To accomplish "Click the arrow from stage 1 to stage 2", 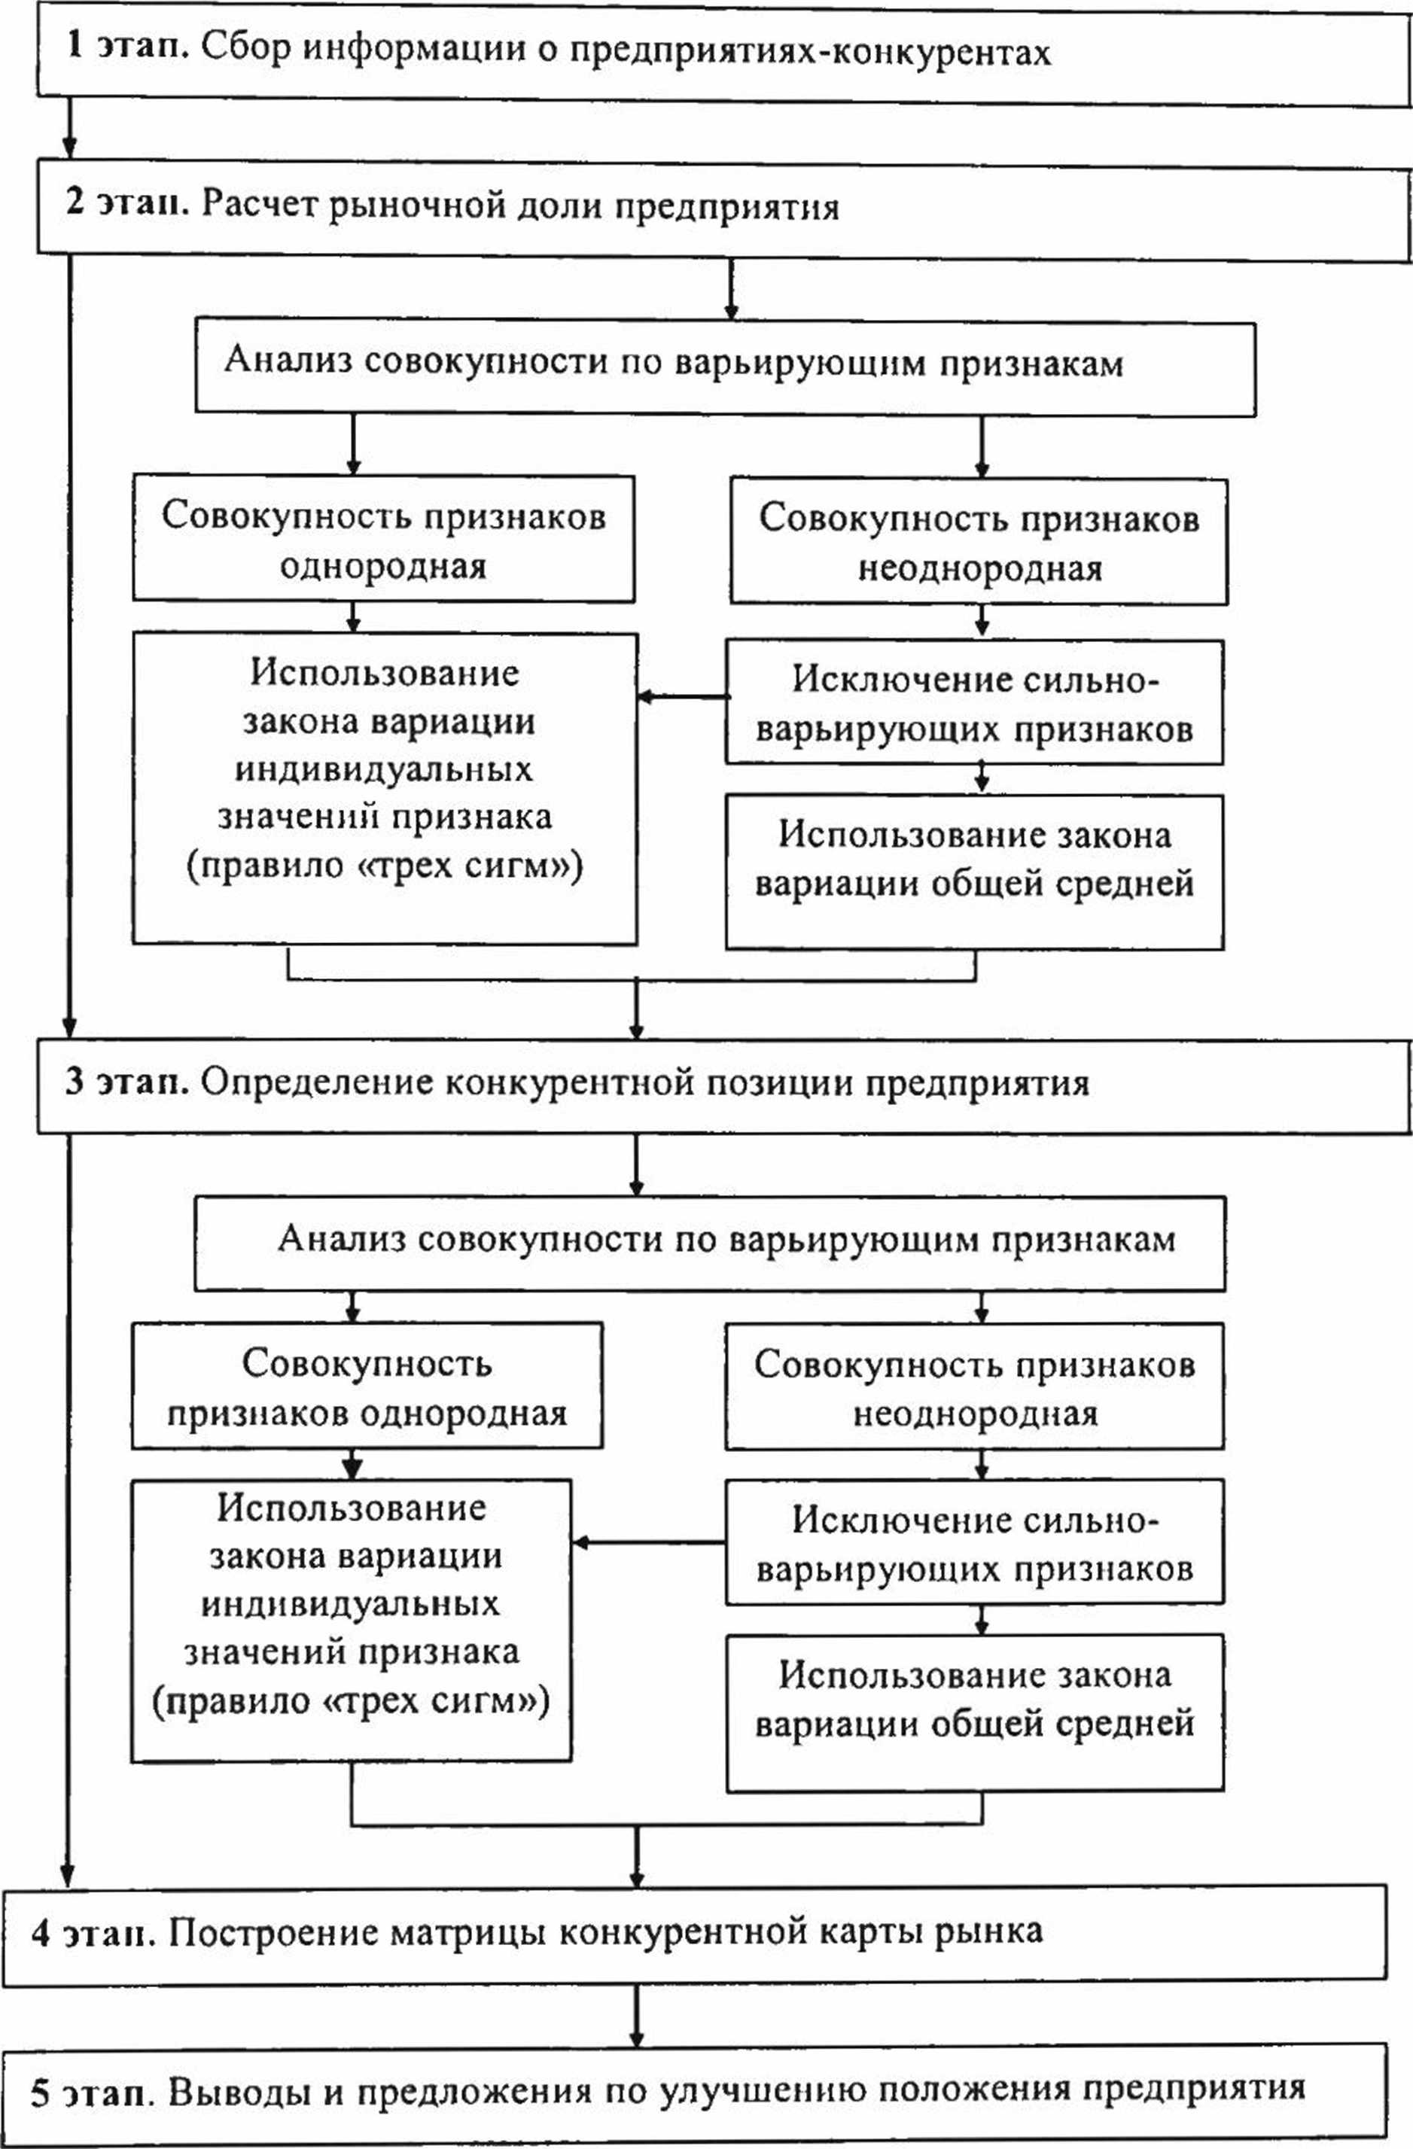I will point(69,127).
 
